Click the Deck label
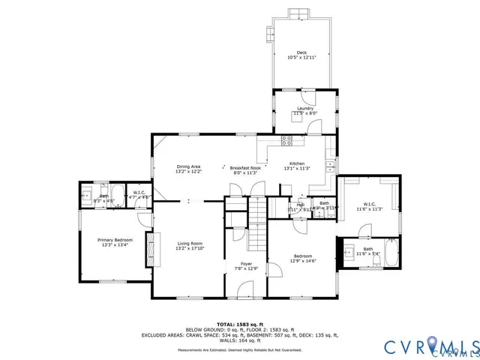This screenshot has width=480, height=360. point(301,52)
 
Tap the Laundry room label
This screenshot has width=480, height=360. point(305,109)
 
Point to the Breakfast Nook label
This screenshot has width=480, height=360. point(244,167)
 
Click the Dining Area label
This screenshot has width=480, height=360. point(188,166)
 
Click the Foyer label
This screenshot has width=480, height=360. point(246,264)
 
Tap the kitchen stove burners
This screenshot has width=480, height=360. point(286,140)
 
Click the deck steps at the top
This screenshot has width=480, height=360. point(298,12)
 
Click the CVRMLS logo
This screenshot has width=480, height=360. point(430,346)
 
